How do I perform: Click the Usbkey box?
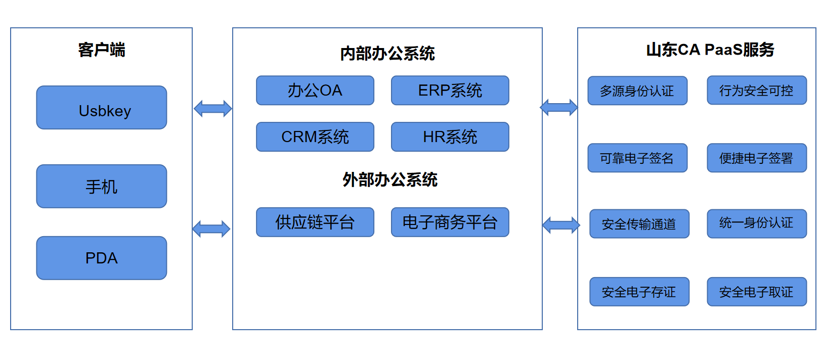pos(102,108)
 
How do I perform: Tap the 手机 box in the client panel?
pos(102,186)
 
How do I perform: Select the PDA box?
pos(102,258)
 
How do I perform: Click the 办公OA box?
pos(315,91)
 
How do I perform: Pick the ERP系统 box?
pos(450,91)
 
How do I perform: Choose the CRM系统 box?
pos(315,137)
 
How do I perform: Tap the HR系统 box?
pos(450,137)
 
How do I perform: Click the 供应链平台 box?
pos(315,222)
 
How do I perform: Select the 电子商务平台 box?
pos(450,222)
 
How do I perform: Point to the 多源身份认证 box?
pos(637,91)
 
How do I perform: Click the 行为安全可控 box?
pos(757,91)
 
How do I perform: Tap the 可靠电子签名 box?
pos(637,158)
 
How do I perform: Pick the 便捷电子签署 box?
pos(757,158)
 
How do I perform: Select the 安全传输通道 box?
pos(639,224)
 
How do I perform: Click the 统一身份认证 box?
pos(757,224)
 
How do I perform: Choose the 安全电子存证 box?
pos(639,292)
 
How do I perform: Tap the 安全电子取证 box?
pos(757,292)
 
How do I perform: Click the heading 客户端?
pos(102,50)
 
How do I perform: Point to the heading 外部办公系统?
pos(390,180)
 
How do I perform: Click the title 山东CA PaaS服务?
pos(710,50)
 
